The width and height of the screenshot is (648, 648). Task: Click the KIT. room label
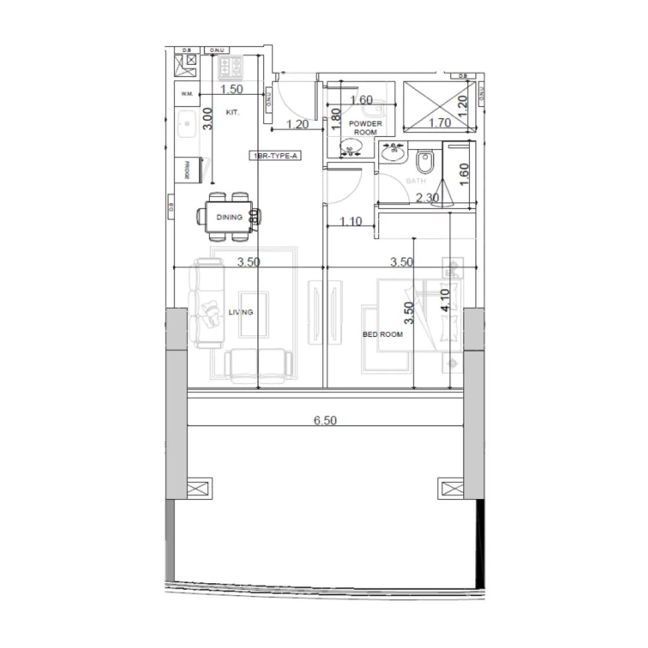point(233,112)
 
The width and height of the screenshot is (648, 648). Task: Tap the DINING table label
point(229,217)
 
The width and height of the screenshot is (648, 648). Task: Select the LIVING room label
point(240,312)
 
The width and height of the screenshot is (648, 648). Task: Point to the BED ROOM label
point(382,334)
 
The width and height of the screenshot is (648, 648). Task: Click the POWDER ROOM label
point(365,128)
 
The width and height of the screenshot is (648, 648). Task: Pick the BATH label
point(416,181)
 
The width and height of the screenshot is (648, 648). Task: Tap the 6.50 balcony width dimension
point(325,421)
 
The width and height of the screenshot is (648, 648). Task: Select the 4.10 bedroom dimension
point(445,300)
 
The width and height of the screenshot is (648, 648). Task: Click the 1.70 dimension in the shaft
point(440,123)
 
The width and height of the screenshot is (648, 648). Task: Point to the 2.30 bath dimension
point(427,198)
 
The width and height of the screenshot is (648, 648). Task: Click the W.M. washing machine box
point(187,94)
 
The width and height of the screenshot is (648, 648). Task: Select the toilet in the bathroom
point(424,161)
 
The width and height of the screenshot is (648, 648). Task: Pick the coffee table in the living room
point(254,313)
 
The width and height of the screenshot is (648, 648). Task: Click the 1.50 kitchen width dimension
point(232,90)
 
